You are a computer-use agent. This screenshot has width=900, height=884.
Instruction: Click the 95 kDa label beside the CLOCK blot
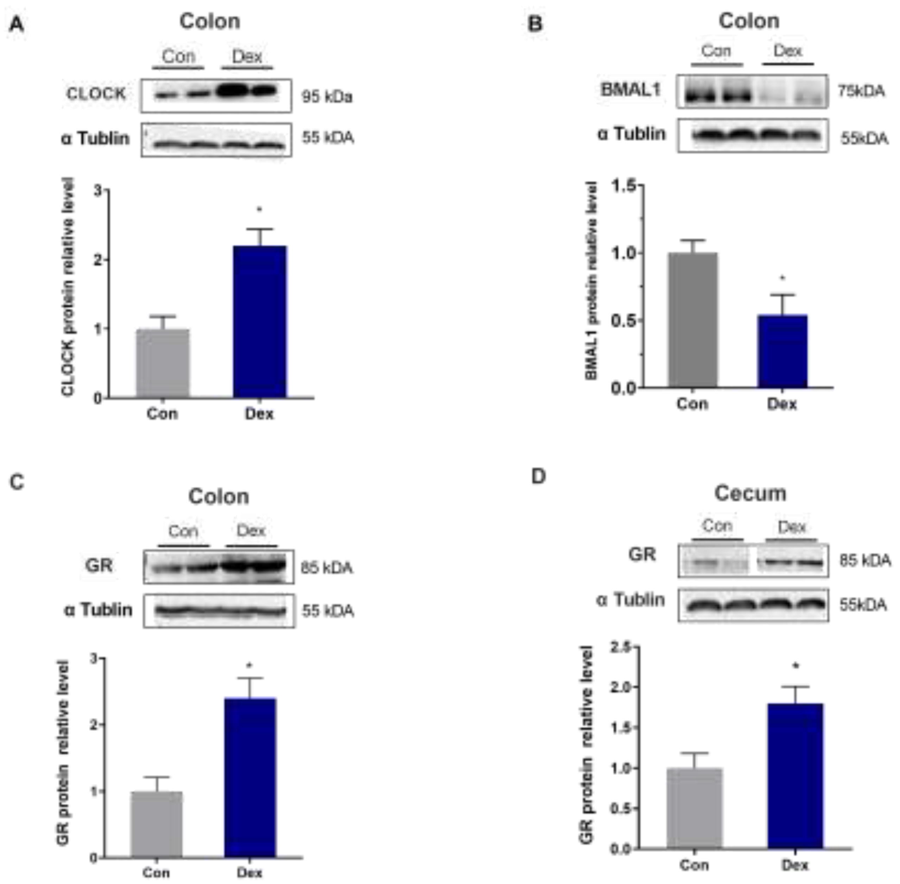(327, 97)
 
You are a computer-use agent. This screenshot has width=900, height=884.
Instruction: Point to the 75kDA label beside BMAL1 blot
(861, 91)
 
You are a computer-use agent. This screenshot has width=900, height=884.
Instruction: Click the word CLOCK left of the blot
(96, 94)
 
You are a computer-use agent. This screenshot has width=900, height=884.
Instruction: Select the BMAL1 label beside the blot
(630, 90)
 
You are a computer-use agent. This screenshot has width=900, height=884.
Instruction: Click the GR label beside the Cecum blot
(642, 554)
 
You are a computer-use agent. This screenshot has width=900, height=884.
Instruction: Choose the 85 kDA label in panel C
(327, 567)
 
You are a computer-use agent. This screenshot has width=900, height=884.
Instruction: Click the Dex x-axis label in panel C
(250, 872)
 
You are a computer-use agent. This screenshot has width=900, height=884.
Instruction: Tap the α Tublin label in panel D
(630, 600)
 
